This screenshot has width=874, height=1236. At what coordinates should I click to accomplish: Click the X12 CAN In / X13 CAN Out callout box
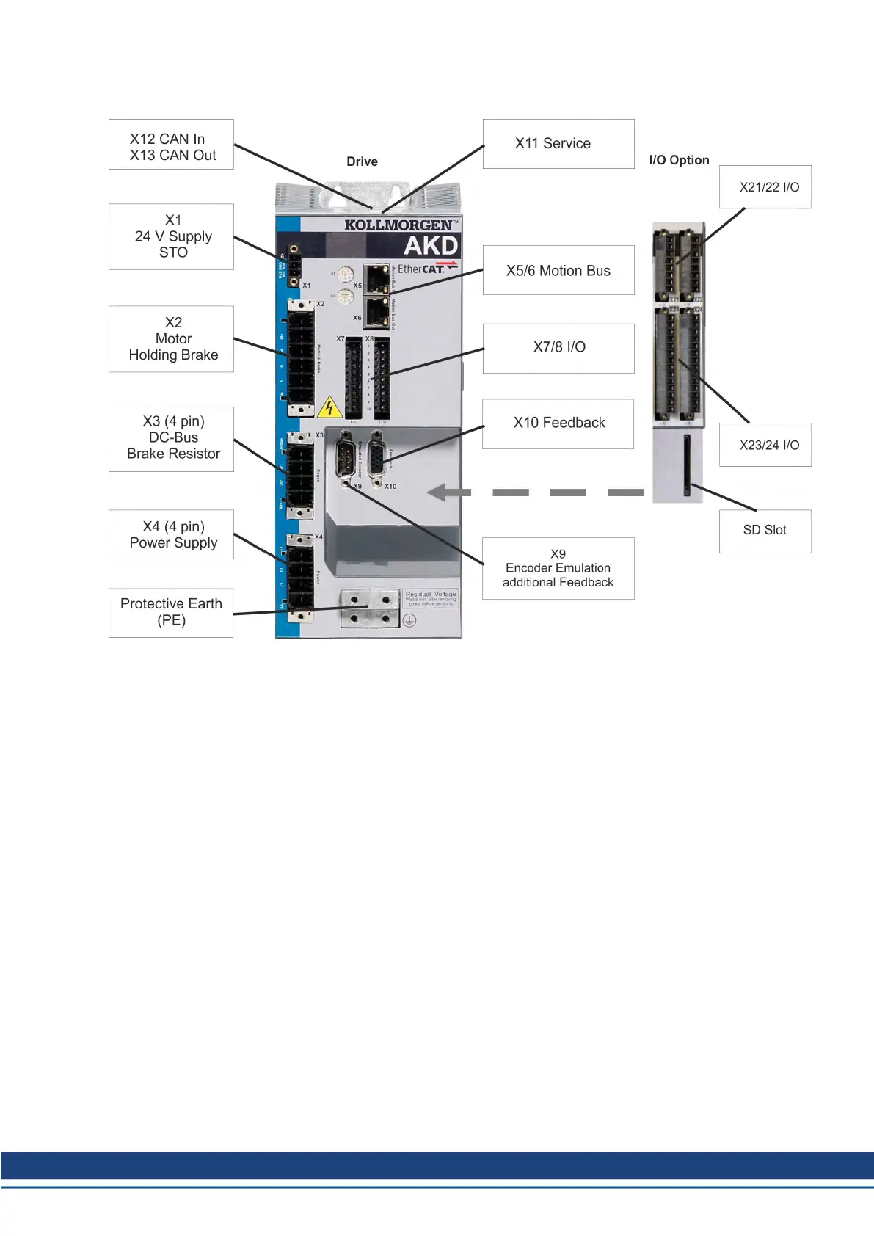tap(171, 145)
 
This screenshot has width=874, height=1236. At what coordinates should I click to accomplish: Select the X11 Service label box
tap(558, 144)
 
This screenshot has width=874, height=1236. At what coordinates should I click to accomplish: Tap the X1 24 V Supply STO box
tap(171, 236)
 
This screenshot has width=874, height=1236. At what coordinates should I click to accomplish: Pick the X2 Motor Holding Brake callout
tap(171, 338)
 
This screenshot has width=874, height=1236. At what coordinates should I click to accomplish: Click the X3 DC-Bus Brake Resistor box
tap(171, 438)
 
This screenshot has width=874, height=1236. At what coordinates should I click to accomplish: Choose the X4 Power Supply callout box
tap(171, 534)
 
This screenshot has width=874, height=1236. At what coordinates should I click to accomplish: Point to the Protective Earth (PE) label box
tap(171, 612)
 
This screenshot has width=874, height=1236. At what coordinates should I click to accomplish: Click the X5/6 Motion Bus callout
tap(558, 270)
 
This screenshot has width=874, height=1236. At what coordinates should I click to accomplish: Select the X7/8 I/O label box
tap(558, 348)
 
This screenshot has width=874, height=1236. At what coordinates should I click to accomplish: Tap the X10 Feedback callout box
tap(558, 423)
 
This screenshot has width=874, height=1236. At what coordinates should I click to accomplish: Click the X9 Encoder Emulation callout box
tap(558, 568)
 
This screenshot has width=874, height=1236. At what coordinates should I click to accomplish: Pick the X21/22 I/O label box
tap(765, 187)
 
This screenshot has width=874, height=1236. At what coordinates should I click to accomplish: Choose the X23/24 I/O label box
tap(765, 445)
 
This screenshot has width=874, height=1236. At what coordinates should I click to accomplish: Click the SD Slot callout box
tap(765, 531)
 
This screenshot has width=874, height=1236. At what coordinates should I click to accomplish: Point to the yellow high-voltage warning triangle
tap(329, 407)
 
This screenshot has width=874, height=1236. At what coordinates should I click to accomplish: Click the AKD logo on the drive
tap(431, 245)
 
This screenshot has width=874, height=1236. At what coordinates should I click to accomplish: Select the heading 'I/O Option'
tap(679, 160)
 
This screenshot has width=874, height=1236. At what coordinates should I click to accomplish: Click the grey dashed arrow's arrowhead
tap(440, 492)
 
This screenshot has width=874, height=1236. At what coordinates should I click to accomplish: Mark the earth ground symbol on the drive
tap(409, 620)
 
